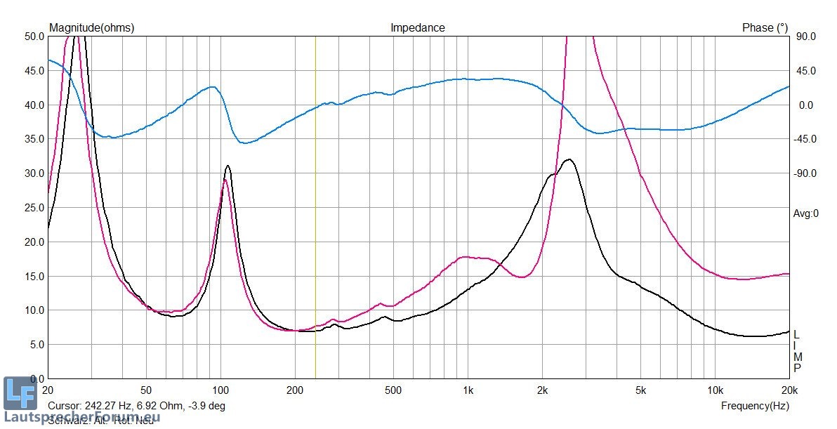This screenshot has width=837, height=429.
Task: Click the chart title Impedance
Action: point(417,28)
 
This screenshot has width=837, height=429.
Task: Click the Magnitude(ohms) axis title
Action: point(91,28)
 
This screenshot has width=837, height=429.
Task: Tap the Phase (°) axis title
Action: point(765,28)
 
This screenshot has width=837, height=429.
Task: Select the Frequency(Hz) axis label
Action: point(755,406)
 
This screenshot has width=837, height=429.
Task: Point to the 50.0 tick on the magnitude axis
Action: point(34,37)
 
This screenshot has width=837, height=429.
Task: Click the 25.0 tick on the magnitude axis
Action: point(34,208)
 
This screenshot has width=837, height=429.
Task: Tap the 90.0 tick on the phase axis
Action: point(805,37)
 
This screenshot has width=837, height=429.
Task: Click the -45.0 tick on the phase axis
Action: point(805,139)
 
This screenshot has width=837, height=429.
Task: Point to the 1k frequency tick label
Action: point(468,390)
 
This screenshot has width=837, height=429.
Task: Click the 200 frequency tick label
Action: point(295,390)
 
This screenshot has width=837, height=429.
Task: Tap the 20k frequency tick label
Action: point(789,390)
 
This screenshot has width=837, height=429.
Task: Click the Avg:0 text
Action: point(806,214)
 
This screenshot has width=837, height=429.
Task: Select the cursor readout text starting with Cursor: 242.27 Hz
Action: point(136,406)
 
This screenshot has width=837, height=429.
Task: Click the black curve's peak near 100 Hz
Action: point(228,166)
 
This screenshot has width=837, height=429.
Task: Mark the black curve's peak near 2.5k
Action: point(569,159)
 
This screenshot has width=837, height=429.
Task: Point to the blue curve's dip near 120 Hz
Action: point(245,143)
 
